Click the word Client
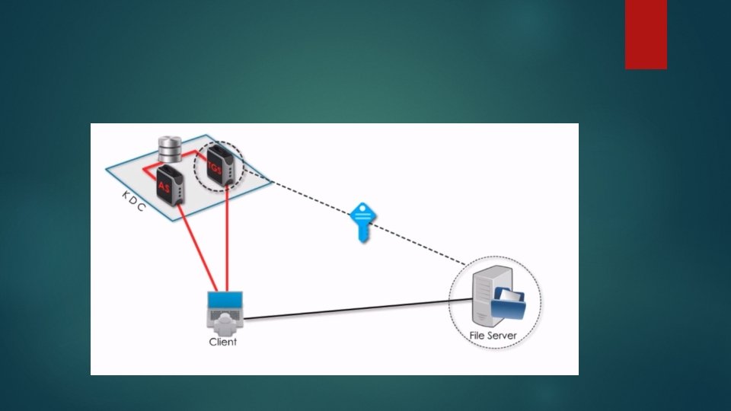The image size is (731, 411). [223, 342]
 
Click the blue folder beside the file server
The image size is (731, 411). [508, 307]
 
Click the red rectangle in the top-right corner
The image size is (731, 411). [646, 34]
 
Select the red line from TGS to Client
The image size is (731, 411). [228, 244]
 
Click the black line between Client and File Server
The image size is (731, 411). [350, 309]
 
